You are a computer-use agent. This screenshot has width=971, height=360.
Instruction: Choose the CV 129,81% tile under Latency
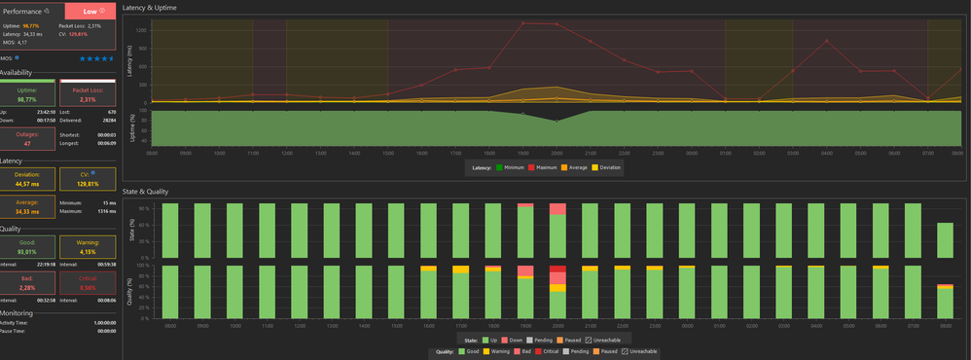89,179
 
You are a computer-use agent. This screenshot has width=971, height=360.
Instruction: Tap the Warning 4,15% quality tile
89,247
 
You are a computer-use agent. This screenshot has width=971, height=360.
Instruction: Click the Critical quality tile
89,282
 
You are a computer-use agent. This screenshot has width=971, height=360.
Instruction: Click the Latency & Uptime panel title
155,8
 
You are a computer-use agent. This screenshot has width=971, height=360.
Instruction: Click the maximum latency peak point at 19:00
523,22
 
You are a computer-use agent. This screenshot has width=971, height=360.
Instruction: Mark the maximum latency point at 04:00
826,41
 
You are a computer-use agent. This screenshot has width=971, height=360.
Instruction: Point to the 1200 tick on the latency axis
141,29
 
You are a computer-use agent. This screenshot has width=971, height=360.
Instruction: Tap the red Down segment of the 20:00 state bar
557,209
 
